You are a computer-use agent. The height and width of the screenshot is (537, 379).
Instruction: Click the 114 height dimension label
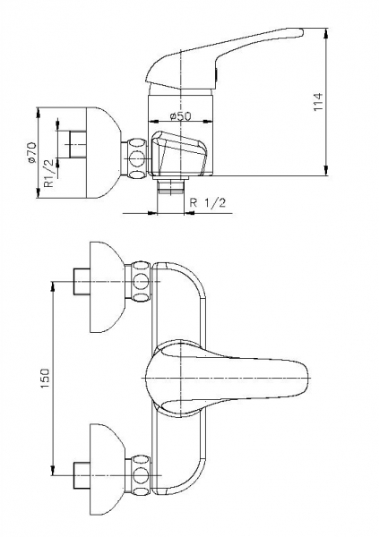click(318, 102)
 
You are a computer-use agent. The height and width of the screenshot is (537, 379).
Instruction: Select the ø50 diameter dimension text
click(180, 116)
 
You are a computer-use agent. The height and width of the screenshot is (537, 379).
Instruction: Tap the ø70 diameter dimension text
click(31, 153)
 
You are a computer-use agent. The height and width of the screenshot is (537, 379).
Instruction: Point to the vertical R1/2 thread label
click(49, 173)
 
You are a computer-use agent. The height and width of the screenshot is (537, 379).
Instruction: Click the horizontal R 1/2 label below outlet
click(208, 203)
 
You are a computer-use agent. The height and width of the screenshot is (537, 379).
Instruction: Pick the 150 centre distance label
click(45, 379)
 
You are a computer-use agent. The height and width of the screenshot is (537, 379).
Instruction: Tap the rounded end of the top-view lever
click(307, 379)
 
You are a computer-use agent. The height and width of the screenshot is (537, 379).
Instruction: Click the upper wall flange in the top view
click(107, 287)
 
